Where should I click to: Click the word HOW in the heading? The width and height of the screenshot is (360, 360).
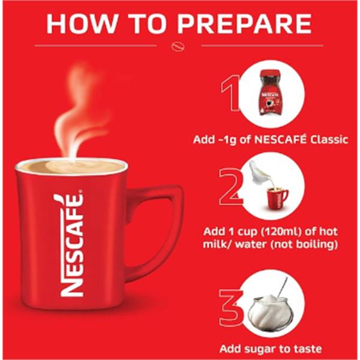click(x=82, y=23)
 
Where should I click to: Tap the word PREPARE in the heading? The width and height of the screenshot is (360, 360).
click(x=245, y=23)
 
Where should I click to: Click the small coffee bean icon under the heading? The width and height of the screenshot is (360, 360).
click(x=178, y=46)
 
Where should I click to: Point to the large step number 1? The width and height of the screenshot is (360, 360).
click(x=231, y=93)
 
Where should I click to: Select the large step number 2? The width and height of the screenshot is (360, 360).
click(x=231, y=187)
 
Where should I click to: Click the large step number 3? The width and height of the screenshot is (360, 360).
click(x=232, y=307)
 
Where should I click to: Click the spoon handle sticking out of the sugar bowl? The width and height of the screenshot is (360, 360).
click(x=283, y=287)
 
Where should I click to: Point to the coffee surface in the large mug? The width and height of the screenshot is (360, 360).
click(x=72, y=166)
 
